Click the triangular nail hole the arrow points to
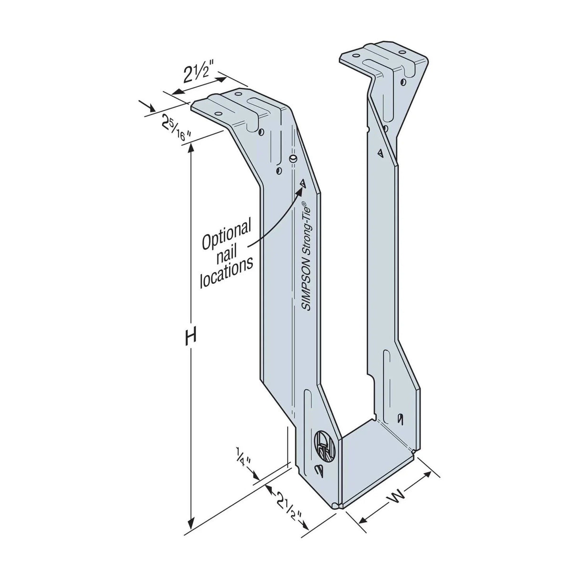[302, 183]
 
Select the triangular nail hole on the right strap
[380, 153]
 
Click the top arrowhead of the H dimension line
[191, 147]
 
